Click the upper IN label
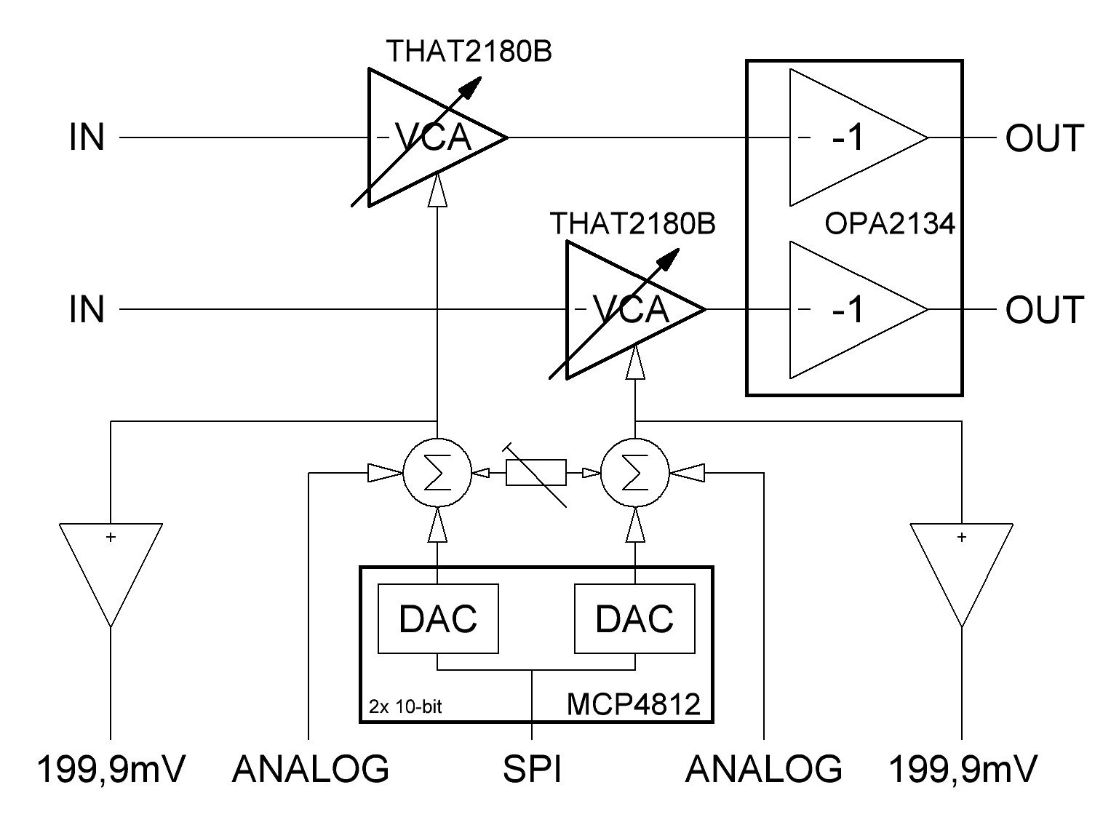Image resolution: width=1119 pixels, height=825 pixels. click(87, 137)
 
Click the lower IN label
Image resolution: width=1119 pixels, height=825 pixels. click(87, 310)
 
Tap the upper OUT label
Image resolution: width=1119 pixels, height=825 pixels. click(1044, 137)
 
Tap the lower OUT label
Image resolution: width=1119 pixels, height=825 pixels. click(1044, 310)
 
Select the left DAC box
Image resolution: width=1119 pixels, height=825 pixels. click(438, 618)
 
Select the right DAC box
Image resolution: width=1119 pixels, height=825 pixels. click(634, 618)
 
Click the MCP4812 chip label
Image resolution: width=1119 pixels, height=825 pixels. click(633, 704)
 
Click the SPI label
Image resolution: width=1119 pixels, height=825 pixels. click(533, 769)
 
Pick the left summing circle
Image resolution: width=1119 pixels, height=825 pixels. click(437, 474)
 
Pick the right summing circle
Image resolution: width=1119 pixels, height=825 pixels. click(635, 474)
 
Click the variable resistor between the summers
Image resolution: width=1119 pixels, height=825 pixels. click(536, 474)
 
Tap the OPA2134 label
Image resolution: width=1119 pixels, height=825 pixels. click(889, 223)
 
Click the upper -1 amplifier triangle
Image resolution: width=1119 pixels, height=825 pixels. click(851, 137)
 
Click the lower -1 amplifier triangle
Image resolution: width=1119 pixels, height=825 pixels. click(851, 310)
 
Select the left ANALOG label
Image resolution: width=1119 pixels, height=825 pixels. click(311, 769)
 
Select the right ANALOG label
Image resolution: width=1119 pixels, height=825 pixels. click(763, 769)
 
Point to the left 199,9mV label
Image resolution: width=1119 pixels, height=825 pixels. click(111, 769)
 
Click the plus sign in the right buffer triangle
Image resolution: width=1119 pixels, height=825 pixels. click(962, 538)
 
